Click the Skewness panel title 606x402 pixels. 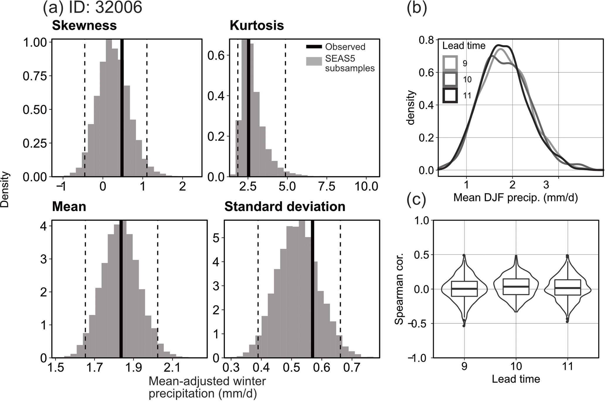coord(84,26)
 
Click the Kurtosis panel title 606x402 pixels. coord(257,26)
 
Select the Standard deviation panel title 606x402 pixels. coord(285,207)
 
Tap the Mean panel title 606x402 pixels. coord(69,207)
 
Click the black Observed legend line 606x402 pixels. coord(314,47)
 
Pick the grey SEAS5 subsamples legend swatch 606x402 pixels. coord(314,61)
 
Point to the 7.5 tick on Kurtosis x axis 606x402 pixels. coord(327,186)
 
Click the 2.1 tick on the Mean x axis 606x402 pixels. coord(172,367)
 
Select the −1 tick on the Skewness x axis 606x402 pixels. coord(62,186)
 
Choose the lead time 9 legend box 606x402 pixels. coord(450,63)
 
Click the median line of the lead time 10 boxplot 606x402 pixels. coord(516,286)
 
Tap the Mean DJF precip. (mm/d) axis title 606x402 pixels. coord(515,198)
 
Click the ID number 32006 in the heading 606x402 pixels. coord(118,8)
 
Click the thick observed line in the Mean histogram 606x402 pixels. coord(121,289)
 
